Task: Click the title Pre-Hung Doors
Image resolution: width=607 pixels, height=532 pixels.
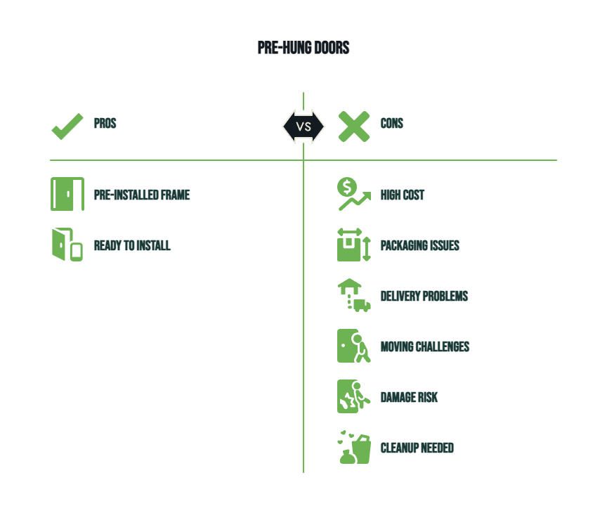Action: click(303, 48)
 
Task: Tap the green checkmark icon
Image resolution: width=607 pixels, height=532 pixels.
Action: click(67, 127)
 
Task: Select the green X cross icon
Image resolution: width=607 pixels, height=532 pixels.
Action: click(354, 126)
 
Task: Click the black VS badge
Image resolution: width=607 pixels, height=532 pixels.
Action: click(303, 126)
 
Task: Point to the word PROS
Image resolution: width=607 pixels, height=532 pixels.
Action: click(105, 124)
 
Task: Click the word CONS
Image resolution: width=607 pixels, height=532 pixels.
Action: click(392, 124)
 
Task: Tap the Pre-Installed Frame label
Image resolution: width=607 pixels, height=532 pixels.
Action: click(142, 195)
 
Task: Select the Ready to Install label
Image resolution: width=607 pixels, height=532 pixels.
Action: click(132, 245)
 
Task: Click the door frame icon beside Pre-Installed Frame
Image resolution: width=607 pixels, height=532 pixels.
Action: click(67, 194)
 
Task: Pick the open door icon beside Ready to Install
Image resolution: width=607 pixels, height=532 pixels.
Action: click(67, 245)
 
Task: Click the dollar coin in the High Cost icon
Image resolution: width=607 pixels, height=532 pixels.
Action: click(347, 187)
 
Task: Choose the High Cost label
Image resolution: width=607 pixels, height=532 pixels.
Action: click(403, 195)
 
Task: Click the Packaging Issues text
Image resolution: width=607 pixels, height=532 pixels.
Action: click(420, 245)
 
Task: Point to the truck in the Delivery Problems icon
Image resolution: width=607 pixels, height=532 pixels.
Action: click(362, 306)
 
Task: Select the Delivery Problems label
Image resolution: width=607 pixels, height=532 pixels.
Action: click(424, 296)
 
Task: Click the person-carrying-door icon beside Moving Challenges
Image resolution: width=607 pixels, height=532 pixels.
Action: click(354, 346)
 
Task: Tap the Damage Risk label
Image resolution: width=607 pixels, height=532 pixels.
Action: click(409, 397)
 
